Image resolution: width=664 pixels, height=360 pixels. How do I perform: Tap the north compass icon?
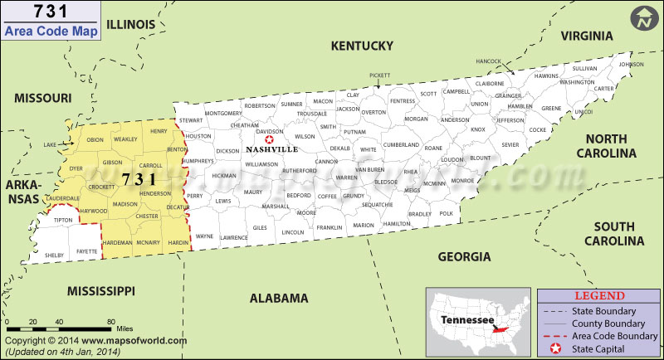pyautogui.click(x=642, y=19)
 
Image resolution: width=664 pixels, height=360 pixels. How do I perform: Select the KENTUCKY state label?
pyautogui.click(x=360, y=46)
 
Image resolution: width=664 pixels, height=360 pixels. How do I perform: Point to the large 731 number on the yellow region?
pyautogui.click(x=139, y=179)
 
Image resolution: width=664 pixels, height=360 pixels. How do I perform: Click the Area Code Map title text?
pyautogui.click(x=51, y=32)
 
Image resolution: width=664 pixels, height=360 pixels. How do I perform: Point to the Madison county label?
pyautogui.click(x=125, y=204)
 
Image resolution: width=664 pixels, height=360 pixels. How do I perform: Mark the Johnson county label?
pyautogui.click(x=631, y=64)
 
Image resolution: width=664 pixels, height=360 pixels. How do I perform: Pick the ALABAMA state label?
pyautogui.click(x=279, y=298)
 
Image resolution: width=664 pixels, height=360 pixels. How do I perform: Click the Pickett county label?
pyautogui.click(x=380, y=75)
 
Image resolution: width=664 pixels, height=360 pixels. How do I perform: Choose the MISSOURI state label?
pyautogui.click(x=43, y=98)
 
